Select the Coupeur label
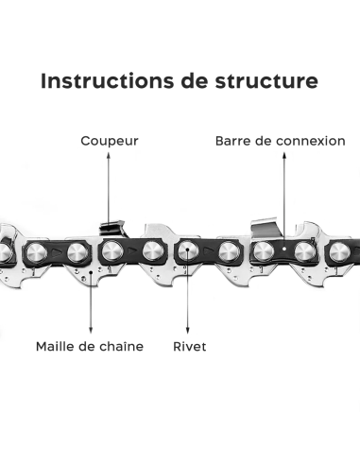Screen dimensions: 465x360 click(108, 141)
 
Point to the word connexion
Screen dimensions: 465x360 click(311, 141)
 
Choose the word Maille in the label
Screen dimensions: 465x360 click(56, 346)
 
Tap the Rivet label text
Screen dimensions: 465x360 click(189, 346)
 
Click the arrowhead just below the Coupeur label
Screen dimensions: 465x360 click(108, 156)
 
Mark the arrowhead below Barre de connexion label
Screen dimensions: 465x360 click(282, 156)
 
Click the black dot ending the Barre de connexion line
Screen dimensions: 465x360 click(282, 250)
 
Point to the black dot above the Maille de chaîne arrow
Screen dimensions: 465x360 click(91, 279)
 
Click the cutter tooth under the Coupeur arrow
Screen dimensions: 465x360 click(111, 228)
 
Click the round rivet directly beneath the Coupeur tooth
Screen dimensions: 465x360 click(111, 252)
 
